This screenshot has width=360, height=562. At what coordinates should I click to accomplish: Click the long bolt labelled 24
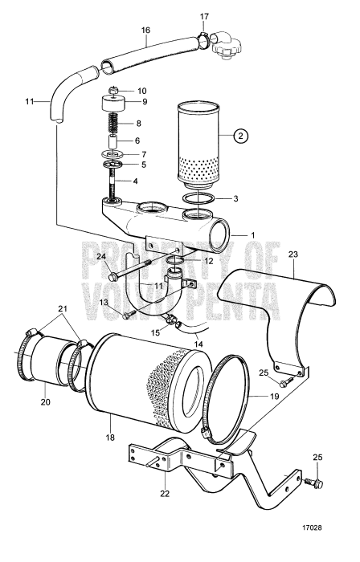click(x=138, y=263)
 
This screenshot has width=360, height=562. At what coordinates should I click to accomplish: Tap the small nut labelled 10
click(x=113, y=89)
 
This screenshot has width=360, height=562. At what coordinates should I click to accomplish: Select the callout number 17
click(x=204, y=16)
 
